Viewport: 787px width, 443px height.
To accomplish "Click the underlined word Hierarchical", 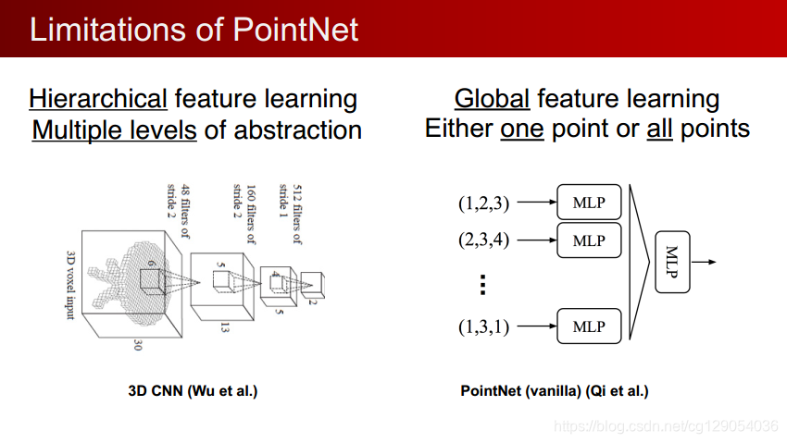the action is [98, 99].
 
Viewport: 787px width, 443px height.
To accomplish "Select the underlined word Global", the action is [492, 99].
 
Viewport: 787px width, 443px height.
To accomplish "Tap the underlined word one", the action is [521, 129].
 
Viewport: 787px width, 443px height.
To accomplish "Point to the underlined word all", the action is [659, 129].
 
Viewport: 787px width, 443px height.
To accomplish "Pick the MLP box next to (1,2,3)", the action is [588, 202].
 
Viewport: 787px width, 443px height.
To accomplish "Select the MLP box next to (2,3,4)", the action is [588, 240].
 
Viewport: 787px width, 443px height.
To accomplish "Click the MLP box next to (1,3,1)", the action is [588, 326].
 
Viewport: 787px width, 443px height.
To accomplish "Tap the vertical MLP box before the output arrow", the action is [672, 262].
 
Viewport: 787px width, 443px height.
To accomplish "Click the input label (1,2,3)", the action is [483, 202].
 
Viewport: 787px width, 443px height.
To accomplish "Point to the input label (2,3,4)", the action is [483, 240].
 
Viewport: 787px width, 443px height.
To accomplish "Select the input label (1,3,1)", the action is [483, 326].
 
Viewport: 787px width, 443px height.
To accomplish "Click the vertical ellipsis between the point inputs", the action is [482, 285].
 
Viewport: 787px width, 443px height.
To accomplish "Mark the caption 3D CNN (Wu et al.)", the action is [193, 391].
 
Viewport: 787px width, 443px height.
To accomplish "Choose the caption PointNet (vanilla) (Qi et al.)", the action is [555, 391].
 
